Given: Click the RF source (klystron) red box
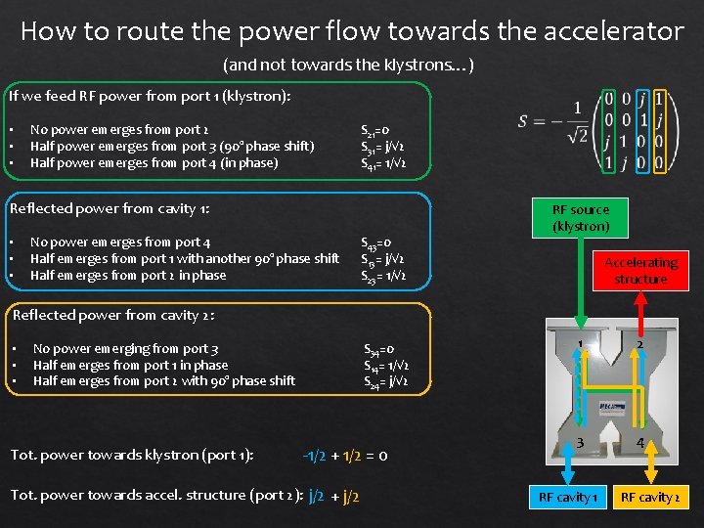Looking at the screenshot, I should pyautogui.click(x=580, y=218).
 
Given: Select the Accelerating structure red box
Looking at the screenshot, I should pyautogui.click(x=640, y=271).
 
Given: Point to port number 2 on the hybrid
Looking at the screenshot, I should pyautogui.click(x=639, y=344).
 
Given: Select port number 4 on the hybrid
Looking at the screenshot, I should pyautogui.click(x=641, y=444).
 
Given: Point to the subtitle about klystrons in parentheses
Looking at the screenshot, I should pyautogui.click(x=349, y=66).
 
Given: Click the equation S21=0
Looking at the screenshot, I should pyautogui.click(x=376, y=130).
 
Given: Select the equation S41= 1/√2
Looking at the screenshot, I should pyautogui.click(x=383, y=163).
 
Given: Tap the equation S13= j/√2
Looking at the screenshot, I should pyautogui.click(x=383, y=259).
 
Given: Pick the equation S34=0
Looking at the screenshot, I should pyautogui.click(x=378, y=348).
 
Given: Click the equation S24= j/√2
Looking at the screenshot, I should pyautogui.click(x=385, y=381).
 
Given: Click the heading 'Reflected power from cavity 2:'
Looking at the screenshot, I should pyautogui.click(x=113, y=315).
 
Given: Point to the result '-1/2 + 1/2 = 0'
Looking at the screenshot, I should pyautogui.click(x=345, y=455).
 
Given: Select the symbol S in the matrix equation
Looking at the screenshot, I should pyautogui.click(x=525, y=121).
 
